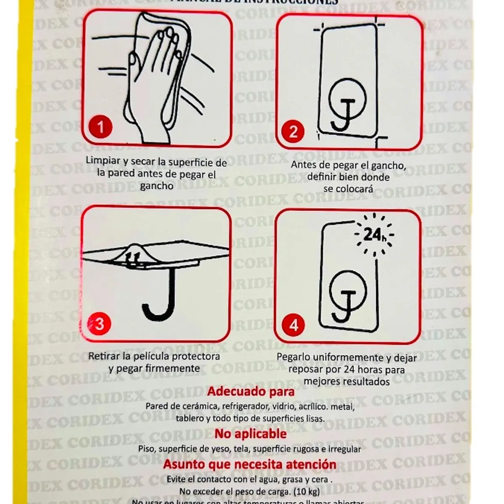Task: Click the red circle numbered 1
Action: (x=100, y=126)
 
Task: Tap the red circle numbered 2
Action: (x=294, y=131)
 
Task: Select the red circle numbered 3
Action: (x=100, y=324)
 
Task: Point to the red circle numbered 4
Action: (x=294, y=325)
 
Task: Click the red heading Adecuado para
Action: (x=251, y=391)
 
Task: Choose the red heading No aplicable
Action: (x=251, y=433)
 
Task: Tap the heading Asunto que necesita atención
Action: (x=249, y=465)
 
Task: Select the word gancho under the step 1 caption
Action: (x=156, y=186)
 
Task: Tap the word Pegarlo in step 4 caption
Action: (x=294, y=357)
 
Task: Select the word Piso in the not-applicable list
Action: (x=147, y=449)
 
